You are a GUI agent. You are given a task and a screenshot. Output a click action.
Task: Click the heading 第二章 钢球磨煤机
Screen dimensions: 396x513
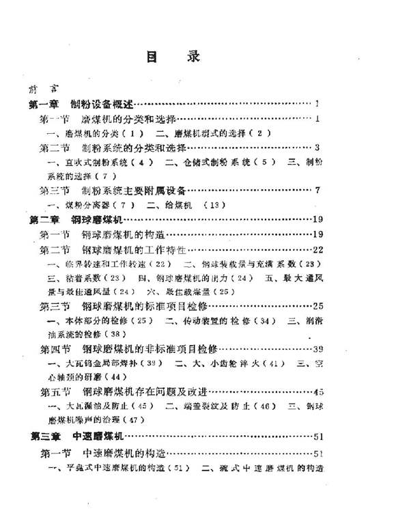(x=74, y=220)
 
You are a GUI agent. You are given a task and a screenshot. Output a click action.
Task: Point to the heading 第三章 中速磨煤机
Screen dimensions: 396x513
(x=74, y=436)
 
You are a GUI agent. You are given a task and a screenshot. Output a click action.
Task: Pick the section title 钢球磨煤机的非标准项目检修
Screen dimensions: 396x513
(x=147, y=350)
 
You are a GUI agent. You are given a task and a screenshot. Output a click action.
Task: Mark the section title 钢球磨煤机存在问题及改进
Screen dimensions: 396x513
(x=144, y=392)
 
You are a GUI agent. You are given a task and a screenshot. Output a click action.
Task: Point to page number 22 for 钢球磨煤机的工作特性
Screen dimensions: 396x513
(x=317, y=249)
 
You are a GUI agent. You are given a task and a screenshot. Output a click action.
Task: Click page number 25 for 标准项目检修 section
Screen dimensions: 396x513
(x=317, y=307)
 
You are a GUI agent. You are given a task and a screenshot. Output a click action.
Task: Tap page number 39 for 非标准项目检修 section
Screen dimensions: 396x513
(x=317, y=350)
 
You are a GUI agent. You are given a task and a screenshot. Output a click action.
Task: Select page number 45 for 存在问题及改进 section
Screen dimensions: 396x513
(x=317, y=392)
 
